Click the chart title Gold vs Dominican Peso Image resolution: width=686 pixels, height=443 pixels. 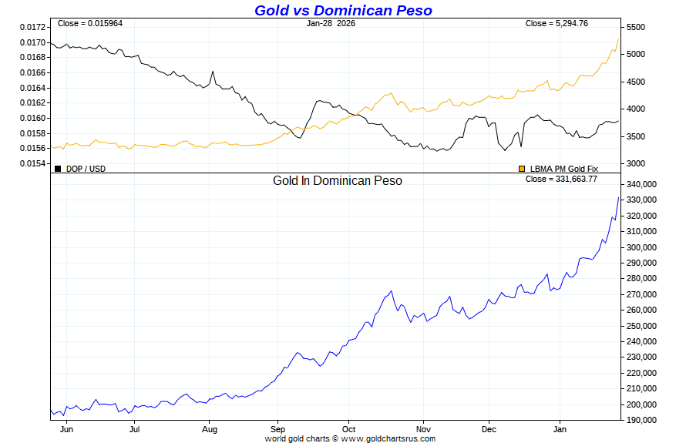pos(343,10)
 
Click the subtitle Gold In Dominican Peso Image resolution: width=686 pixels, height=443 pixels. pos(337,180)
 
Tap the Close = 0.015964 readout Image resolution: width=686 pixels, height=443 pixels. pos(90,23)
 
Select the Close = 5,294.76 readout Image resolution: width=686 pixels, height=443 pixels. pos(557,23)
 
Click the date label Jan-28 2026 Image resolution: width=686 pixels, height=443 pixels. pos(331,23)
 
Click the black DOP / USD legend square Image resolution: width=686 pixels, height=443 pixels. pos(58,169)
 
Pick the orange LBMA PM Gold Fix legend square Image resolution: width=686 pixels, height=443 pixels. pos(522,169)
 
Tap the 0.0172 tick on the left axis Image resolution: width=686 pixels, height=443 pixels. pos(32,27)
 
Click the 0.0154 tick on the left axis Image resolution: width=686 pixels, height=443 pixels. pos(32,163)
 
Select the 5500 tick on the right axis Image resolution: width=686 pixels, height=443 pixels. pos(635,27)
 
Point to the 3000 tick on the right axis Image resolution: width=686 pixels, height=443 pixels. pos(635,163)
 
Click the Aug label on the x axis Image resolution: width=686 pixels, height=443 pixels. pos(210,430)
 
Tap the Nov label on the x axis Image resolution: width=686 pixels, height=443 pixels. pos(422,430)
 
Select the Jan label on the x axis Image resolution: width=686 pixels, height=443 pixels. pos(560,430)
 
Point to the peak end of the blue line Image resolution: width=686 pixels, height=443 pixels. pos(618,198)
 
